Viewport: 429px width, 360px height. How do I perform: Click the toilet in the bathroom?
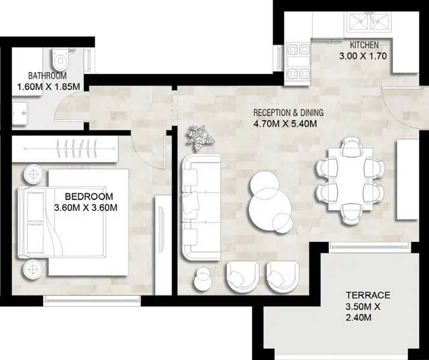pos(59,59)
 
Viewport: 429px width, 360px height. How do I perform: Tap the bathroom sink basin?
pos(20,113)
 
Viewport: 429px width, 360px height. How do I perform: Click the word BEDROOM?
pos(89,196)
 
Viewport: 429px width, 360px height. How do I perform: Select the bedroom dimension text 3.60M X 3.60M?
pos(86,208)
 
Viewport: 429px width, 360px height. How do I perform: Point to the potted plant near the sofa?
pos(199,138)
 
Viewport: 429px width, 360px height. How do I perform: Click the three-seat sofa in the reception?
pos(202,207)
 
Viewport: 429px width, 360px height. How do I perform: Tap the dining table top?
pos(351,179)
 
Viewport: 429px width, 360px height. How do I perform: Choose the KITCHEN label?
pos(364,45)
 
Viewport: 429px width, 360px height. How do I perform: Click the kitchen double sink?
pos(368,22)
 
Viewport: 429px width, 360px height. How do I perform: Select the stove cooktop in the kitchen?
pos(298,62)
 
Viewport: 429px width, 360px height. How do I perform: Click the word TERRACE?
pos(368,295)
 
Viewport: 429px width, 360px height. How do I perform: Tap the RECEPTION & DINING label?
pos(289,112)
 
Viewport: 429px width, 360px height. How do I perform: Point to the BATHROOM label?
pos(47,76)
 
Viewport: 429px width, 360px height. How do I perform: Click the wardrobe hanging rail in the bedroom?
pos(70,149)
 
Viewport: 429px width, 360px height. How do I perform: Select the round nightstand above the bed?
pos(33,174)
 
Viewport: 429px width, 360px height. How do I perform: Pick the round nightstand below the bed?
pos(33,269)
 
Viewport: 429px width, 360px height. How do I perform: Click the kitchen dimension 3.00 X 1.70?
pos(363,56)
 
